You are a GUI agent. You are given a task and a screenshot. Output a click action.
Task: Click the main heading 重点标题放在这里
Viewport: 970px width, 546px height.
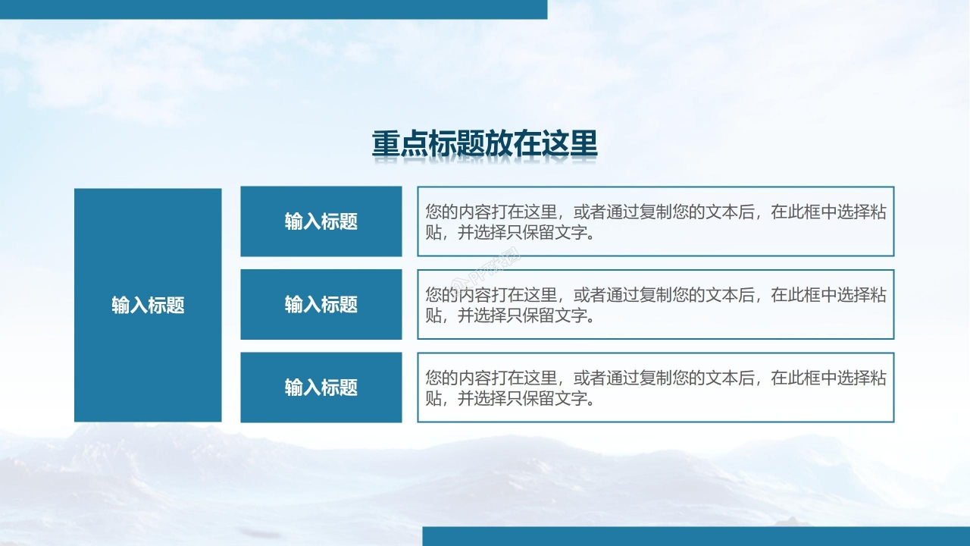(x=484, y=144)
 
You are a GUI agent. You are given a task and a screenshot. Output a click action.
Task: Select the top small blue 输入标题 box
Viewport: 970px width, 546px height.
(x=321, y=221)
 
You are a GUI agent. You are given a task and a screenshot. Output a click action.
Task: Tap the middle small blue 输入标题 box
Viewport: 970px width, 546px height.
(x=321, y=304)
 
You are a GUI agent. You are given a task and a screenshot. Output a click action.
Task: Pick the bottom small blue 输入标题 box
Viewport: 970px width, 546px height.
(x=321, y=388)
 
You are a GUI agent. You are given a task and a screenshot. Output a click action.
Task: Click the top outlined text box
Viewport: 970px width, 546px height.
(x=656, y=221)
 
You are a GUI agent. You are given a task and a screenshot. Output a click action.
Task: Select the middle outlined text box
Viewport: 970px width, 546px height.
(x=656, y=304)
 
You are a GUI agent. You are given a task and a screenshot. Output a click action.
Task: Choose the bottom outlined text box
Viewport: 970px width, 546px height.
(x=656, y=388)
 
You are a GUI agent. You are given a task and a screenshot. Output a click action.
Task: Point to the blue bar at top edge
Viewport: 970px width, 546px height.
(x=273, y=9)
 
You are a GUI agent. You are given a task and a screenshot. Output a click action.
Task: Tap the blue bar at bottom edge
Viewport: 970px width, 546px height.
(x=696, y=536)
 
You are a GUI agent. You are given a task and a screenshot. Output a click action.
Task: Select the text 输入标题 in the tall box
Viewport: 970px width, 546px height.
(x=148, y=305)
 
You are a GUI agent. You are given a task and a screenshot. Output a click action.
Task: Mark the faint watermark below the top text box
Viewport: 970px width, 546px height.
(x=496, y=263)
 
